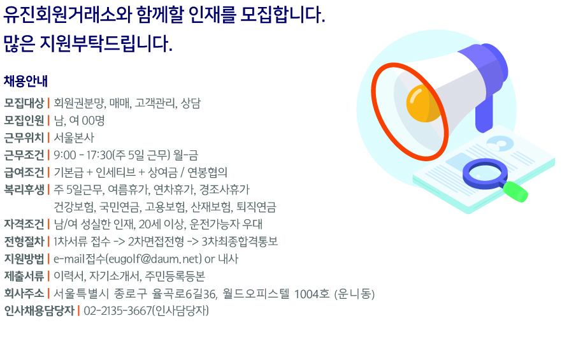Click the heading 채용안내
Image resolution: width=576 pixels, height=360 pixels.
coord(25,81)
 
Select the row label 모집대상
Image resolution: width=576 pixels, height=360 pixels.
coord(24,103)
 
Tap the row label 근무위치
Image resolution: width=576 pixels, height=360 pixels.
coord(24,138)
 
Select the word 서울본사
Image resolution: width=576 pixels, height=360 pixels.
coord(74,138)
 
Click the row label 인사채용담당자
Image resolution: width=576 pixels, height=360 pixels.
coord(40,311)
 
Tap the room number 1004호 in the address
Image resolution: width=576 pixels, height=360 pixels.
coord(312,294)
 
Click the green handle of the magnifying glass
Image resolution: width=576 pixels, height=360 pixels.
coord(515,191)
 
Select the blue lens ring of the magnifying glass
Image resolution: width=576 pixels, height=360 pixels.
coord(485,173)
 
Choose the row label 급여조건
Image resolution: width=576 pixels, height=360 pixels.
coord(24,172)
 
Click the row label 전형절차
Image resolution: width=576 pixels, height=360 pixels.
coord(24,241)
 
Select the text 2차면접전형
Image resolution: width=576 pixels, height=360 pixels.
coord(156,241)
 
